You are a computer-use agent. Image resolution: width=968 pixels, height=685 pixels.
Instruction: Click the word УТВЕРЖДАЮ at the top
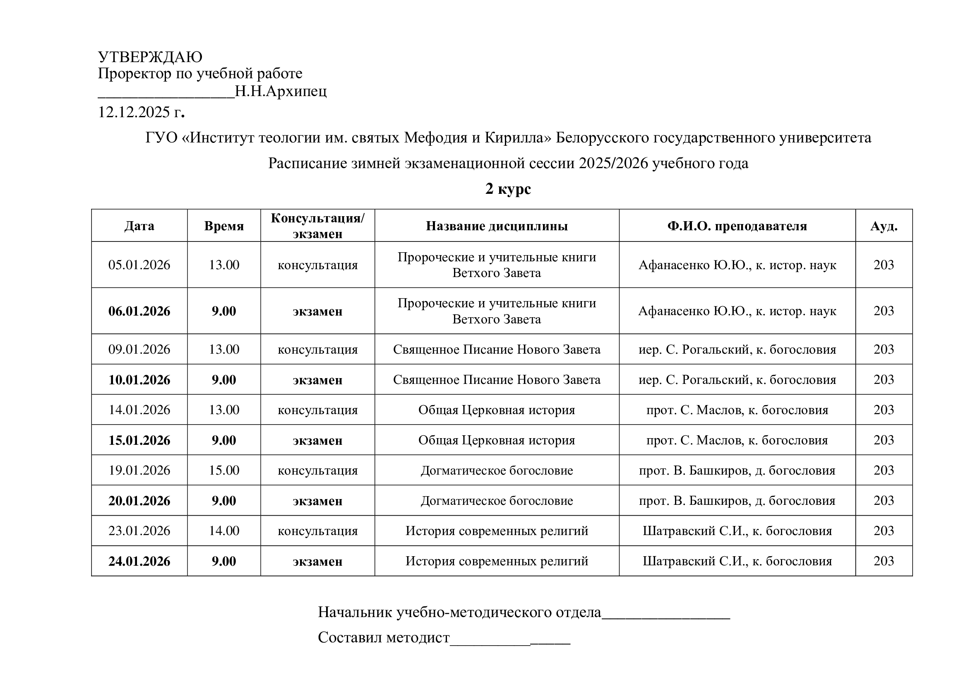point(150,57)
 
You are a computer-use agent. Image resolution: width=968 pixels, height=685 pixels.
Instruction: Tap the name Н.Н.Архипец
point(280,91)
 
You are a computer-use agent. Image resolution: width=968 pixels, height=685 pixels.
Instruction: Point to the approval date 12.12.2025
point(134,112)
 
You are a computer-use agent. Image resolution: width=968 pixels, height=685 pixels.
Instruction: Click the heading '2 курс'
point(508,188)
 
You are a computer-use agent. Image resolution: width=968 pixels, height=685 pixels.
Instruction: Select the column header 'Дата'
point(139,226)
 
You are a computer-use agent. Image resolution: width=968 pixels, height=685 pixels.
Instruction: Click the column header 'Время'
point(224,226)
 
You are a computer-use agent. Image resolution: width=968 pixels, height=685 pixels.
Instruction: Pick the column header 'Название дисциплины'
point(497,226)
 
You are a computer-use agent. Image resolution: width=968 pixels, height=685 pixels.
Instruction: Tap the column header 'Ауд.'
point(884,226)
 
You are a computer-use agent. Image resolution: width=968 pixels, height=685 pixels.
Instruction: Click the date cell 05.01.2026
point(139,265)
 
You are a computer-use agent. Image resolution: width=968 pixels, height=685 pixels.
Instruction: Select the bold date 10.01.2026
point(139,380)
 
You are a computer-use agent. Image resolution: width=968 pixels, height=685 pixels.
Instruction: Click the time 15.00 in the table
point(224,470)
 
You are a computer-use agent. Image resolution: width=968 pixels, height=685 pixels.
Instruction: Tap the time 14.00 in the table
point(224,531)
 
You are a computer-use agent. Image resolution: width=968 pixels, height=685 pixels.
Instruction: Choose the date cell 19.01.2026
point(139,470)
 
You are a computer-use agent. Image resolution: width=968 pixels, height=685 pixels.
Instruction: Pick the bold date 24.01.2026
point(139,562)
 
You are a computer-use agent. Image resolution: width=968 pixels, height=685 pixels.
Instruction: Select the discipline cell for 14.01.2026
point(497,410)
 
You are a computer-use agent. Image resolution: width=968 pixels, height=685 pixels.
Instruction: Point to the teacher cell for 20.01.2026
point(737,501)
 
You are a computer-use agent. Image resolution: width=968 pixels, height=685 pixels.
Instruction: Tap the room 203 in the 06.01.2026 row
point(884,311)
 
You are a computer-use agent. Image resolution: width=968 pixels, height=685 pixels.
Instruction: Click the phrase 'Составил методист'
point(384,637)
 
